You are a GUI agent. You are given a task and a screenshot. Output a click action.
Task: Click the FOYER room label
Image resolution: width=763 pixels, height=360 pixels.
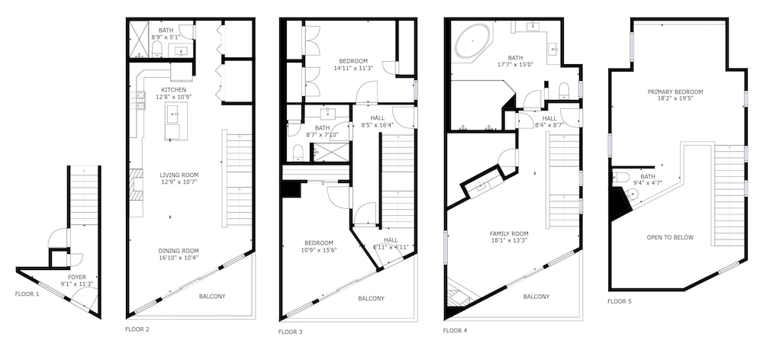tap(77, 278)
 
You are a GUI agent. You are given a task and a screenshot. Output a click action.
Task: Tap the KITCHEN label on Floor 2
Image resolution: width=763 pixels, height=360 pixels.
tap(174, 90)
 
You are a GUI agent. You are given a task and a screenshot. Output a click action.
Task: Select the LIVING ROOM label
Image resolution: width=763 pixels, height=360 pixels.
tap(179, 175)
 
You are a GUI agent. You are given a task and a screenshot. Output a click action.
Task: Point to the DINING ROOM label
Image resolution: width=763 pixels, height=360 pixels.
tap(179, 251)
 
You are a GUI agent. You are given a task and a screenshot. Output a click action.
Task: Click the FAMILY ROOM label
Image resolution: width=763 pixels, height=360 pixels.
tap(509, 233)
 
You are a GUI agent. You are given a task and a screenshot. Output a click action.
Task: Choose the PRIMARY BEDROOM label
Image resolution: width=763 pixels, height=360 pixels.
tap(675, 92)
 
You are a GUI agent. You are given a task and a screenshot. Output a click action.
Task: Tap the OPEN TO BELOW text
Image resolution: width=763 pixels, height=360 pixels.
tap(670, 237)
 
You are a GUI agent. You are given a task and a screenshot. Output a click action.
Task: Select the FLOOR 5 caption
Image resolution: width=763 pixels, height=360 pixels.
tap(620, 301)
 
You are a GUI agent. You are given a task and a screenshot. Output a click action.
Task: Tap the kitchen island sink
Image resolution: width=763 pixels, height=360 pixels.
tap(172, 114)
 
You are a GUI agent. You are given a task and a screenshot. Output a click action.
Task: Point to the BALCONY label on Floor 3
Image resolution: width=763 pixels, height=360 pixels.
tap(372, 298)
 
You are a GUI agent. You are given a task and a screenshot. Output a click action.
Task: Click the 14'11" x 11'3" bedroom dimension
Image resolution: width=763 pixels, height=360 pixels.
tap(353, 68)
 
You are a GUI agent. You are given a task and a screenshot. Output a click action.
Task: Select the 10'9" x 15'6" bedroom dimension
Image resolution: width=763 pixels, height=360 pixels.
tap(319, 250)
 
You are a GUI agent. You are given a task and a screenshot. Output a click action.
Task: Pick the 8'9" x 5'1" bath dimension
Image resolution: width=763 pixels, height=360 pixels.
tap(166, 37)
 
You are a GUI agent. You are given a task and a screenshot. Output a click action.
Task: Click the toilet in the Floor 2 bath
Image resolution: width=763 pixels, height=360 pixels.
tap(156, 49)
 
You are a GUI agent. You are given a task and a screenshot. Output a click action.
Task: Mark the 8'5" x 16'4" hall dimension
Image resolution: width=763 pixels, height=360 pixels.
tap(377, 124)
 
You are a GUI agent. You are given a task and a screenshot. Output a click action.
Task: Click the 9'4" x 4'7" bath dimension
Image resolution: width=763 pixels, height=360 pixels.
tap(647, 183)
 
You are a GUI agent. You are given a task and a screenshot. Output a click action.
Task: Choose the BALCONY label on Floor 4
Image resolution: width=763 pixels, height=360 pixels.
tap(536, 297)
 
